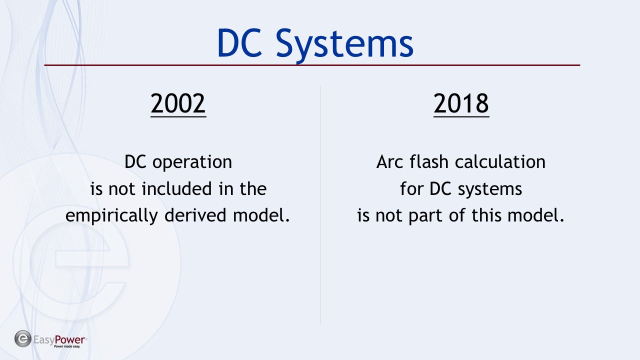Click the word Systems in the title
click(344, 45)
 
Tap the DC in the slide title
click(239, 43)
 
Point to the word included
click(177, 189)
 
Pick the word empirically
click(111, 216)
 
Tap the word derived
click(195, 215)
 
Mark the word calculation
click(500, 161)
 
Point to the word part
click(425, 216)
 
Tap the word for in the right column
click(411, 188)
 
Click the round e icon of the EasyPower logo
click(23, 339)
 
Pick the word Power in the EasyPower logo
click(69, 339)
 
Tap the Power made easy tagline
click(67, 346)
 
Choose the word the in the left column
click(253, 189)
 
